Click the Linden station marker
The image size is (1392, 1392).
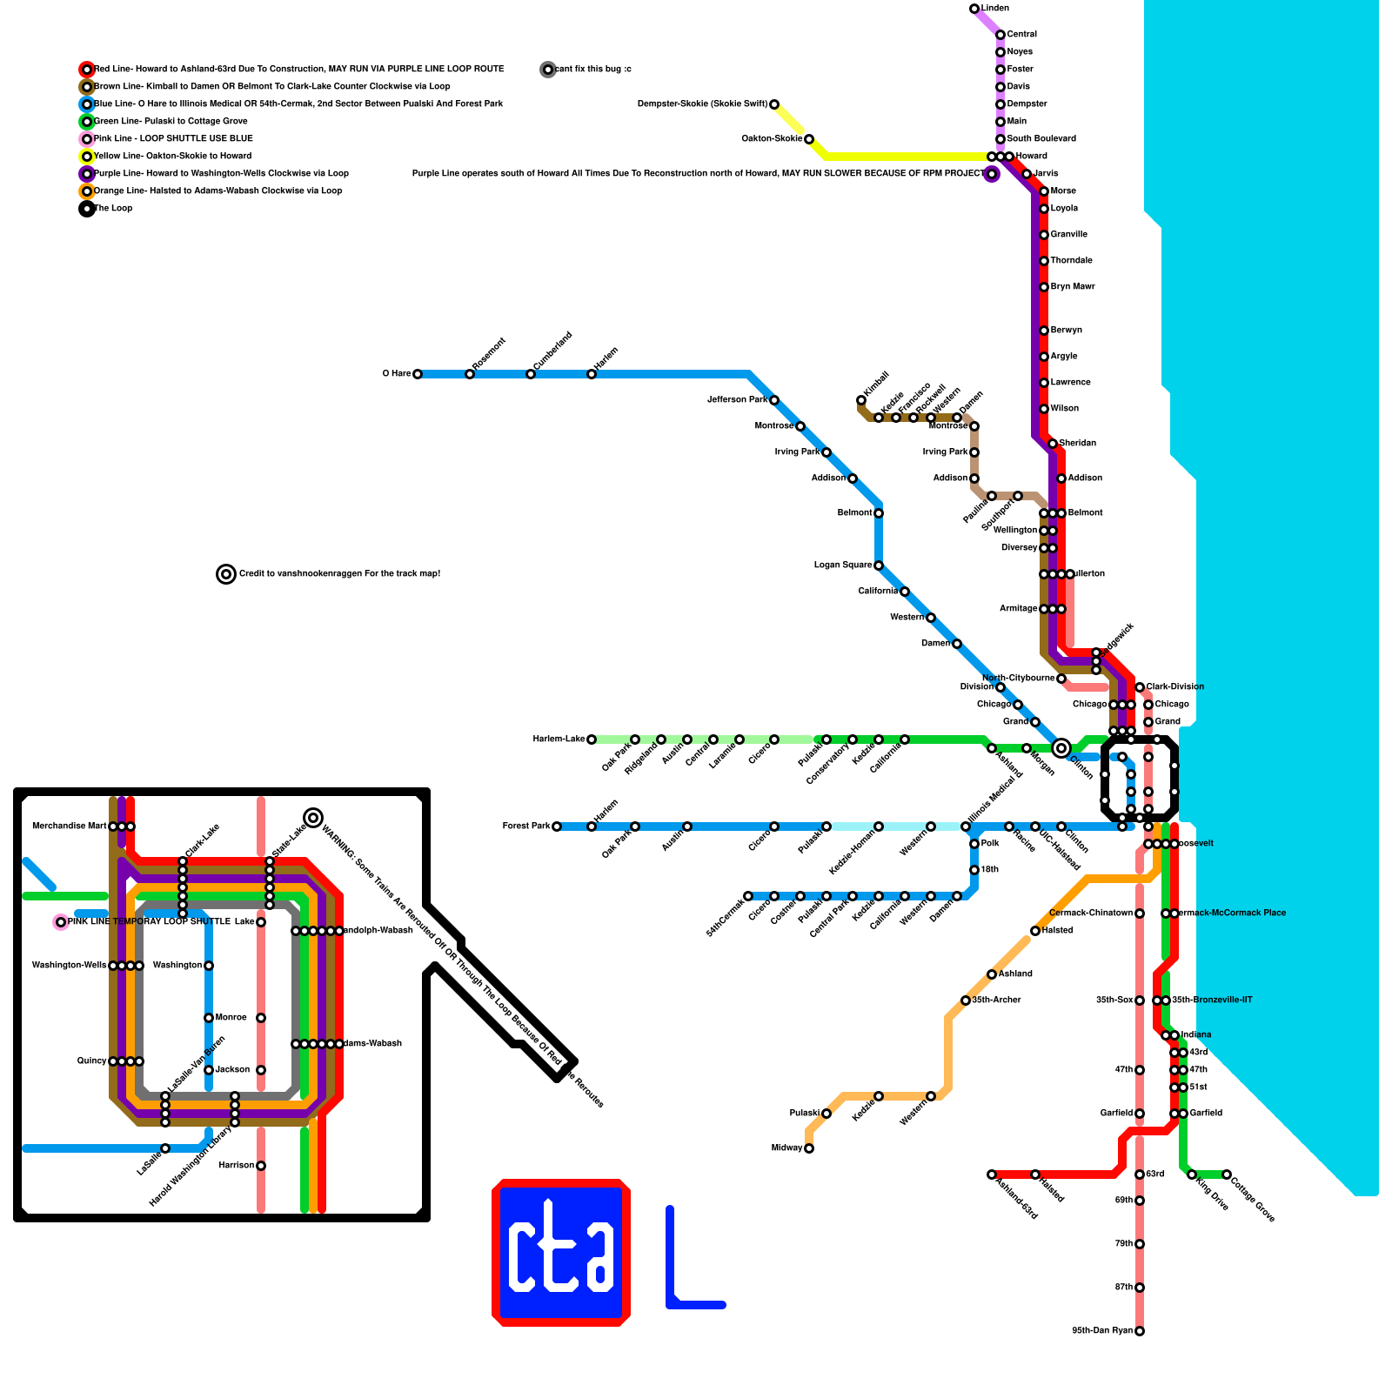point(974,9)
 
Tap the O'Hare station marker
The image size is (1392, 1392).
point(418,374)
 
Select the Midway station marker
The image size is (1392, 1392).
point(809,1148)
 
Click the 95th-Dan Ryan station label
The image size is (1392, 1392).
point(1101,1331)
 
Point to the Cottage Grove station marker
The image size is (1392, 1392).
point(1227,1174)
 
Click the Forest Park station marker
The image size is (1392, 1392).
point(557,826)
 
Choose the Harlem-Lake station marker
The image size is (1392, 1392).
point(592,739)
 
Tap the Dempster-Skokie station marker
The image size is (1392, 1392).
point(774,104)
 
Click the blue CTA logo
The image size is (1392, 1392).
point(561,1253)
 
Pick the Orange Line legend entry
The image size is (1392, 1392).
point(217,191)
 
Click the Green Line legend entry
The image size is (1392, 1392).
point(170,122)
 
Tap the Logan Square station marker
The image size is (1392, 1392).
point(879,565)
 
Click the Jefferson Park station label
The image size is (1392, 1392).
point(737,400)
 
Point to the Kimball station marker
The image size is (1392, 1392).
point(861,400)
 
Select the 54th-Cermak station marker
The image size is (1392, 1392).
point(748,896)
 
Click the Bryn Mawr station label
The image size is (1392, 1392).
point(1072,287)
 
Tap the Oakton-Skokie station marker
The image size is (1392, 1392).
point(809,139)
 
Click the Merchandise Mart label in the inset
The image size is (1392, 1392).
point(69,826)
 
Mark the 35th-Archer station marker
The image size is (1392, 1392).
point(966,1000)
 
